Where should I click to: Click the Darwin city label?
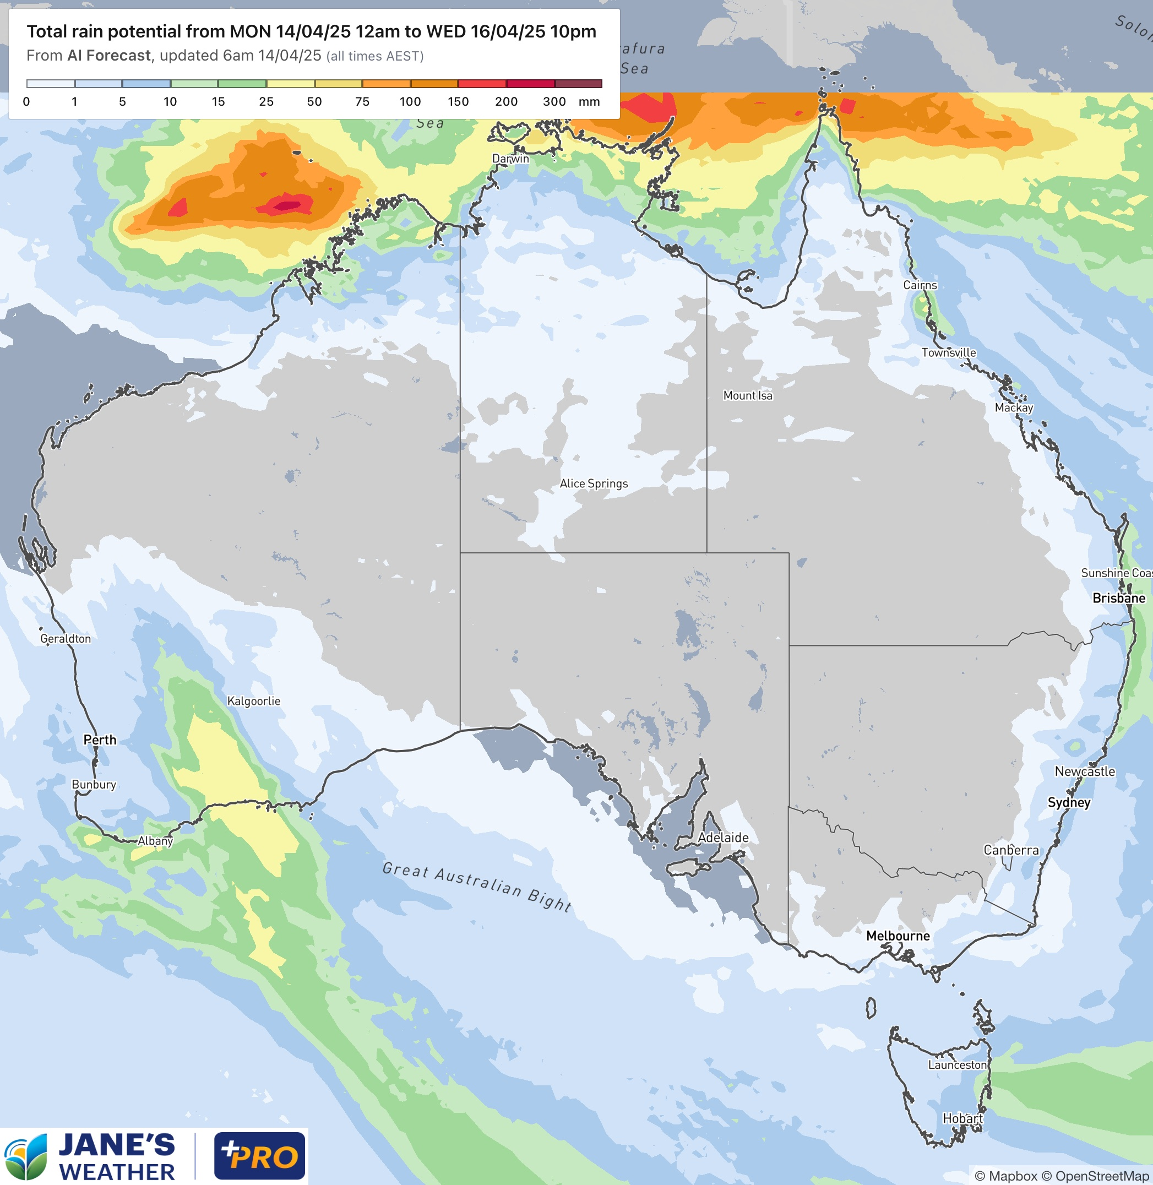(510, 159)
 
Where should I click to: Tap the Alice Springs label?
(594, 483)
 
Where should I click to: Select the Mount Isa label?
(747, 395)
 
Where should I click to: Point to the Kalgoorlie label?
(253, 700)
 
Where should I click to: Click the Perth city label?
(100, 740)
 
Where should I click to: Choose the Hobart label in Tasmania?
(962, 1118)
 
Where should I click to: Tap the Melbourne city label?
(898, 936)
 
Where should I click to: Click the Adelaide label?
(723, 838)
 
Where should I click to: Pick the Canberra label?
(1011, 850)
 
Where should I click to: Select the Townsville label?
(948, 352)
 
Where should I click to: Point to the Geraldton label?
(66, 638)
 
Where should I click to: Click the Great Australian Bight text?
(477, 886)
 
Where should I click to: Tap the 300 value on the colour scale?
(554, 102)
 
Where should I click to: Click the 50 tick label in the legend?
(314, 102)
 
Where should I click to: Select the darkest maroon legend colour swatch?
(578, 84)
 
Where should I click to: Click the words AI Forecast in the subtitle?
(109, 56)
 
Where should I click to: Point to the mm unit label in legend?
(589, 102)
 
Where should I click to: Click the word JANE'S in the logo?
(117, 1144)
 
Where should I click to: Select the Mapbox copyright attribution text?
(1006, 1176)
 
